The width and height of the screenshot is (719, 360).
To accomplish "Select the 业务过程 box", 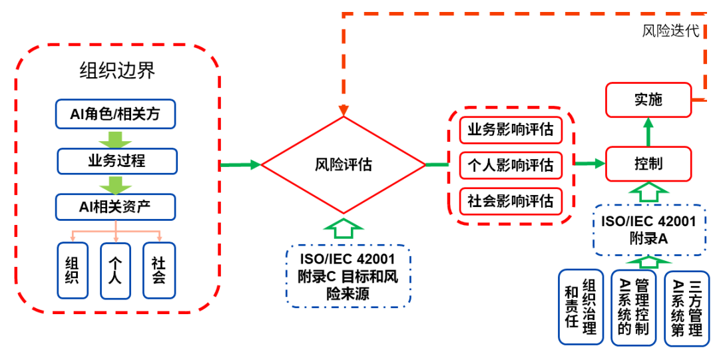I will [x=117, y=160].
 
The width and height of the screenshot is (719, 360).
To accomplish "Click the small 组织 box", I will [x=73, y=270].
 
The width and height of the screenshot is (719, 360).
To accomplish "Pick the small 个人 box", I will [x=115, y=270].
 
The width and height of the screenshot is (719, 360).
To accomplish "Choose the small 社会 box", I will [x=159, y=270].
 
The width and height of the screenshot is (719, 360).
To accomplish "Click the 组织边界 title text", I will [x=117, y=70].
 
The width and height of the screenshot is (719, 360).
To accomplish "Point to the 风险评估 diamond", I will [x=343, y=164].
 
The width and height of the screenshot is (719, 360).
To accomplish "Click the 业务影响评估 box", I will [x=511, y=129].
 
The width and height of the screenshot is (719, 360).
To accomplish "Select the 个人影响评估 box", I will [x=511, y=165].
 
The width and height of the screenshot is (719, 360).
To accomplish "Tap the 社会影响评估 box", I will [x=511, y=201].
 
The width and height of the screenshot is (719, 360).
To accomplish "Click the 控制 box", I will [x=648, y=164].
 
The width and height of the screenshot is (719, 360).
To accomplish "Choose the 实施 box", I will [x=648, y=100].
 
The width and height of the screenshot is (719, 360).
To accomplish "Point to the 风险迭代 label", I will [x=670, y=31].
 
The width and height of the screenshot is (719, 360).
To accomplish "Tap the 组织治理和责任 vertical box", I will [x=581, y=307].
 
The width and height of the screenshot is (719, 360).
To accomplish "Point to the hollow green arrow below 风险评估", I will [x=343, y=228].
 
